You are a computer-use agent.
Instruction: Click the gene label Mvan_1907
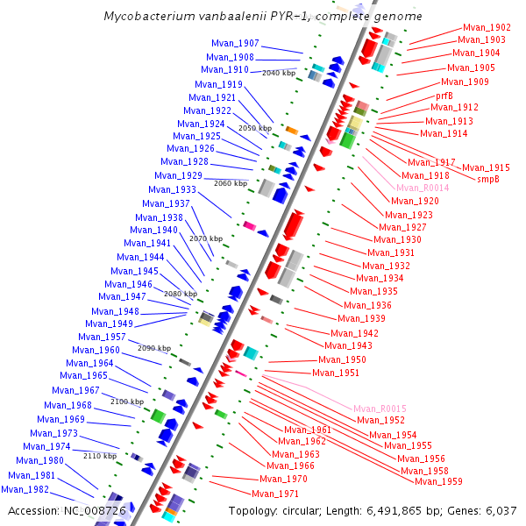click(x=235, y=44)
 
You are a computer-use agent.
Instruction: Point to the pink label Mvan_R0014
click(x=423, y=188)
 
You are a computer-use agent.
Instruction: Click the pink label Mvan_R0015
click(x=380, y=409)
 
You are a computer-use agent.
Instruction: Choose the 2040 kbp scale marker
click(x=279, y=73)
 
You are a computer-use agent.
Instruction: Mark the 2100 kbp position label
click(x=126, y=401)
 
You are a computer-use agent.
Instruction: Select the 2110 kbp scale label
click(x=99, y=456)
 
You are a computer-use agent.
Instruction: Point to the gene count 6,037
click(x=501, y=511)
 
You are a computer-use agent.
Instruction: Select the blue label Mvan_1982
click(x=25, y=489)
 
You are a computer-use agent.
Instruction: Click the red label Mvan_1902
click(x=487, y=28)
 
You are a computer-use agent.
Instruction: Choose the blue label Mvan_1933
click(x=172, y=189)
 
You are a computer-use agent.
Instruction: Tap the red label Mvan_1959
click(x=438, y=481)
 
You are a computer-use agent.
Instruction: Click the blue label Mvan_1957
click(x=102, y=337)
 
